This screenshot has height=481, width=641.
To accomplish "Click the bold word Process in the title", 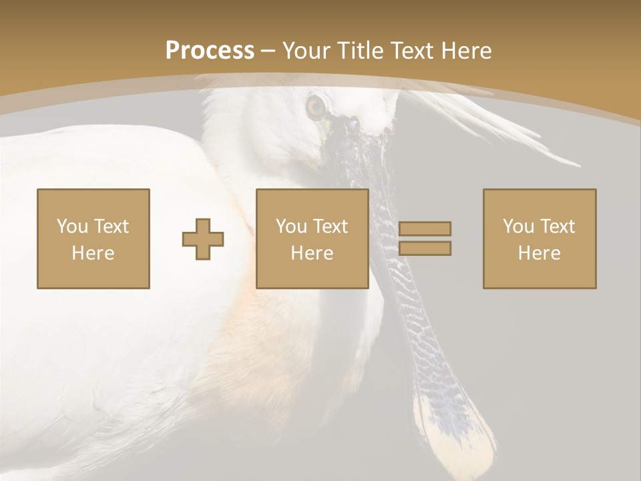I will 210,51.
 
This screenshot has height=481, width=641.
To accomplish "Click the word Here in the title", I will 465,51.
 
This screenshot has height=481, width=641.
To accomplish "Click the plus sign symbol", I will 203,238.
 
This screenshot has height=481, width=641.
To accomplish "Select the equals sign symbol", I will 425,238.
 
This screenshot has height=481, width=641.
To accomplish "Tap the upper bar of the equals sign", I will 425,228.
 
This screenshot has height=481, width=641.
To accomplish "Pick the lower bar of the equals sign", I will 425,249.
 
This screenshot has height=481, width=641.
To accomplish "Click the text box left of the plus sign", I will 93,238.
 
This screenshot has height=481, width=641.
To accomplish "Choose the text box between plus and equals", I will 312,238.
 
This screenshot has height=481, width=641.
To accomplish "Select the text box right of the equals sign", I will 539,238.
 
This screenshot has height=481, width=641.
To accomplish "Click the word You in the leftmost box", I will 71,226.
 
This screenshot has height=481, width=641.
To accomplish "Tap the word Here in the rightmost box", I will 539,253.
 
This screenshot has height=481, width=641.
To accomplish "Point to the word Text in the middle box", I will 331,226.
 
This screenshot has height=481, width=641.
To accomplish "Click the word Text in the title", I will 409,51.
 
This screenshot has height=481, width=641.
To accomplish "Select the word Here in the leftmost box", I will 93,253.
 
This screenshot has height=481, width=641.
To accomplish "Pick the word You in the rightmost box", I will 517,226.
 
